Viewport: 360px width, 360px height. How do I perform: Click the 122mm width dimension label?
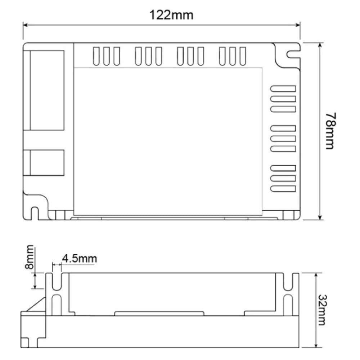171,15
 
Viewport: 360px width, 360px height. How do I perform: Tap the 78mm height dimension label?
330,131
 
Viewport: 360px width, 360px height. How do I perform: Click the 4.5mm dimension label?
79,258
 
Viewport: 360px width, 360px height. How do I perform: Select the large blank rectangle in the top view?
168,141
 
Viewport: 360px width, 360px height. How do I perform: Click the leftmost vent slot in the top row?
96,56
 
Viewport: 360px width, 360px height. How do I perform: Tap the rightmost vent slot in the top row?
243,56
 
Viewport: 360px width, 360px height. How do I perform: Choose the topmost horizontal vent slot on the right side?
283,88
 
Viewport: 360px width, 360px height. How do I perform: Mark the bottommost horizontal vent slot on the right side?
283,188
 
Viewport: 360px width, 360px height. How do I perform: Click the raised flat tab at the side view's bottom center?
159,314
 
